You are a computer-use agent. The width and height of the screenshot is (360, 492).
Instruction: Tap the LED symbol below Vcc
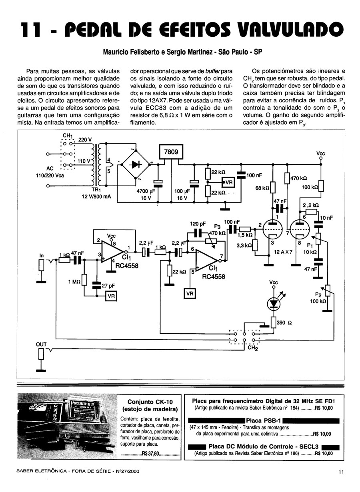(x=274, y=304)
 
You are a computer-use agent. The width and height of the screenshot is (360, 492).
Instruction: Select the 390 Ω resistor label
(x=284, y=323)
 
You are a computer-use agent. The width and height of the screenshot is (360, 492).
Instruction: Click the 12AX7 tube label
(x=284, y=252)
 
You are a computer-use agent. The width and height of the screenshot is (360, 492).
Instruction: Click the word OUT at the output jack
(x=41, y=344)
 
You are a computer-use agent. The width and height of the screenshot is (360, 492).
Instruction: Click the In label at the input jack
(x=41, y=255)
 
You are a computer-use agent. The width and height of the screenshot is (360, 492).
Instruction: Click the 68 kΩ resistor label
(x=262, y=188)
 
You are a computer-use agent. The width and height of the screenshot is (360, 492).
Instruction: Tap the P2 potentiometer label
(x=318, y=295)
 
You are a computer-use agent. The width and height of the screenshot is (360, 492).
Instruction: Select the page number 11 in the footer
(x=341, y=471)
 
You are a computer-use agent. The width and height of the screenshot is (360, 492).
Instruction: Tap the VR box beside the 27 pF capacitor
(x=111, y=296)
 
